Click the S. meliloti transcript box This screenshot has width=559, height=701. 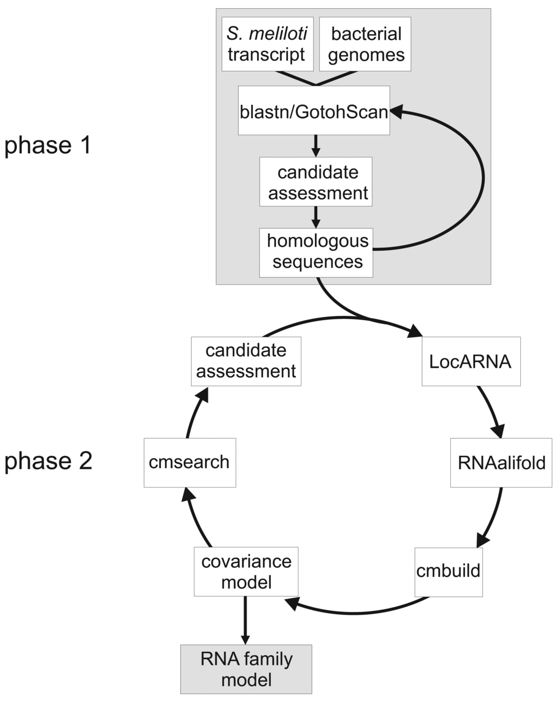click(x=267, y=44)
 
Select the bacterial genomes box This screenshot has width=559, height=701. click(x=365, y=44)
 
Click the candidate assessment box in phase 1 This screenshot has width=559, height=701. click(x=316, y=182)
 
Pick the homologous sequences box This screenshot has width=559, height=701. click(x=317, y=252)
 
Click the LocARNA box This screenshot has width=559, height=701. click(x=471, y=362)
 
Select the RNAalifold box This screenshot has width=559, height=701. click(x=501, y=463)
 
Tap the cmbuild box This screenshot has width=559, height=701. click(x=448, y=571)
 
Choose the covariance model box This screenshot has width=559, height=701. click(x=246, y=572)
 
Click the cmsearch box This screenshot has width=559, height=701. click(x=189, y=462)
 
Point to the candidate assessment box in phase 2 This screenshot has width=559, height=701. click(x=246, y=361)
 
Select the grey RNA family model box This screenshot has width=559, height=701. click(x=246, y=669)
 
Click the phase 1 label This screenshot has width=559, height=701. click(x=47, y=146)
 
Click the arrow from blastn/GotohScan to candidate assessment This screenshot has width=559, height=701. click(x=315, y=145)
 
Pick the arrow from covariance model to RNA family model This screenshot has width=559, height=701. click(x=245, y=620)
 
